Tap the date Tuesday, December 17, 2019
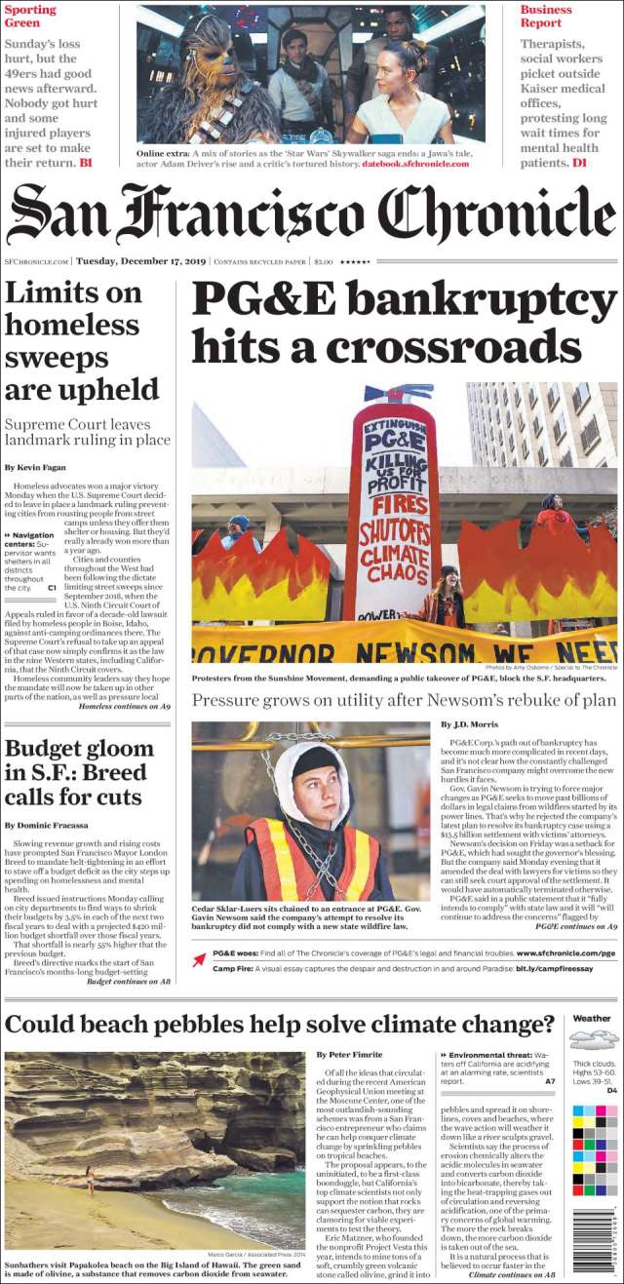point(141,261)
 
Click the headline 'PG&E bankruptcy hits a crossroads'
point(404,323)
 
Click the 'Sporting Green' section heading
point(30,17)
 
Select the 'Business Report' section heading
point(546,17)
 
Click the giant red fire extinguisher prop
point(392,507)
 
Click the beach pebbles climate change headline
point(280,1025)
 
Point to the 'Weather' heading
point(592,1018)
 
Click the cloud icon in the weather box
point(594,1039)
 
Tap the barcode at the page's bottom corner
point(594,1240)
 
